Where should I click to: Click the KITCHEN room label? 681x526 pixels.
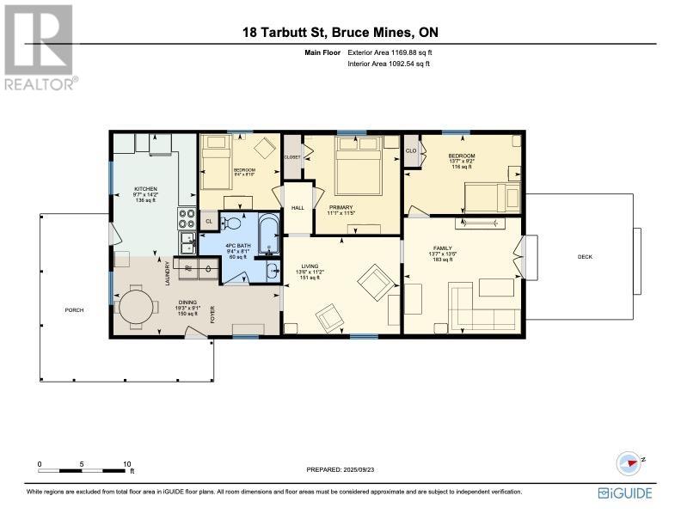click(x=145, y=188)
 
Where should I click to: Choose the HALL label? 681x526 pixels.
click(x=298, y=207)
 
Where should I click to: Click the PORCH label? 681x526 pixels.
click(x=74, y=309)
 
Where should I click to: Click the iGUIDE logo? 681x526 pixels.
click(x=625, y=492)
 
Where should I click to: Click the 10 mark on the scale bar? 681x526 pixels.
click(x=127, y=463)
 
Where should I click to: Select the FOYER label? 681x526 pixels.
click(x=212, y=315)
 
